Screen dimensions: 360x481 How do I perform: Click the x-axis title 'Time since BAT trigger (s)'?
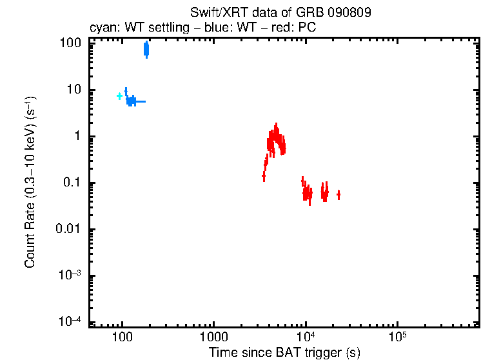[284, 352]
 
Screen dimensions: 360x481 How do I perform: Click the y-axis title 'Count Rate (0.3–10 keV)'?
[30, 182]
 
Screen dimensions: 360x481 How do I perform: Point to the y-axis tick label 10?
[74, 90]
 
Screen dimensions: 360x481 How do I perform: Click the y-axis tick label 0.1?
[72, 183]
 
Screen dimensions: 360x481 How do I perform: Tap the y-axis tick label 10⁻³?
[70, 275]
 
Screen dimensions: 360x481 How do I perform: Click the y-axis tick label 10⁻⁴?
[70, 321]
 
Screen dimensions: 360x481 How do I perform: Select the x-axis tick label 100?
[122, 337]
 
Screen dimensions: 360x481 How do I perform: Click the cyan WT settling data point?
[119, 96]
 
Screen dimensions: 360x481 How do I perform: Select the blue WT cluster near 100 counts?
[146, 49]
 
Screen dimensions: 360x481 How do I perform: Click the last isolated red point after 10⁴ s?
[339, 194]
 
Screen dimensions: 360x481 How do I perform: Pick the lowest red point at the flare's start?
[264, 175]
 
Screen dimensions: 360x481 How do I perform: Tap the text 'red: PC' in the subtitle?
[297, 28]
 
